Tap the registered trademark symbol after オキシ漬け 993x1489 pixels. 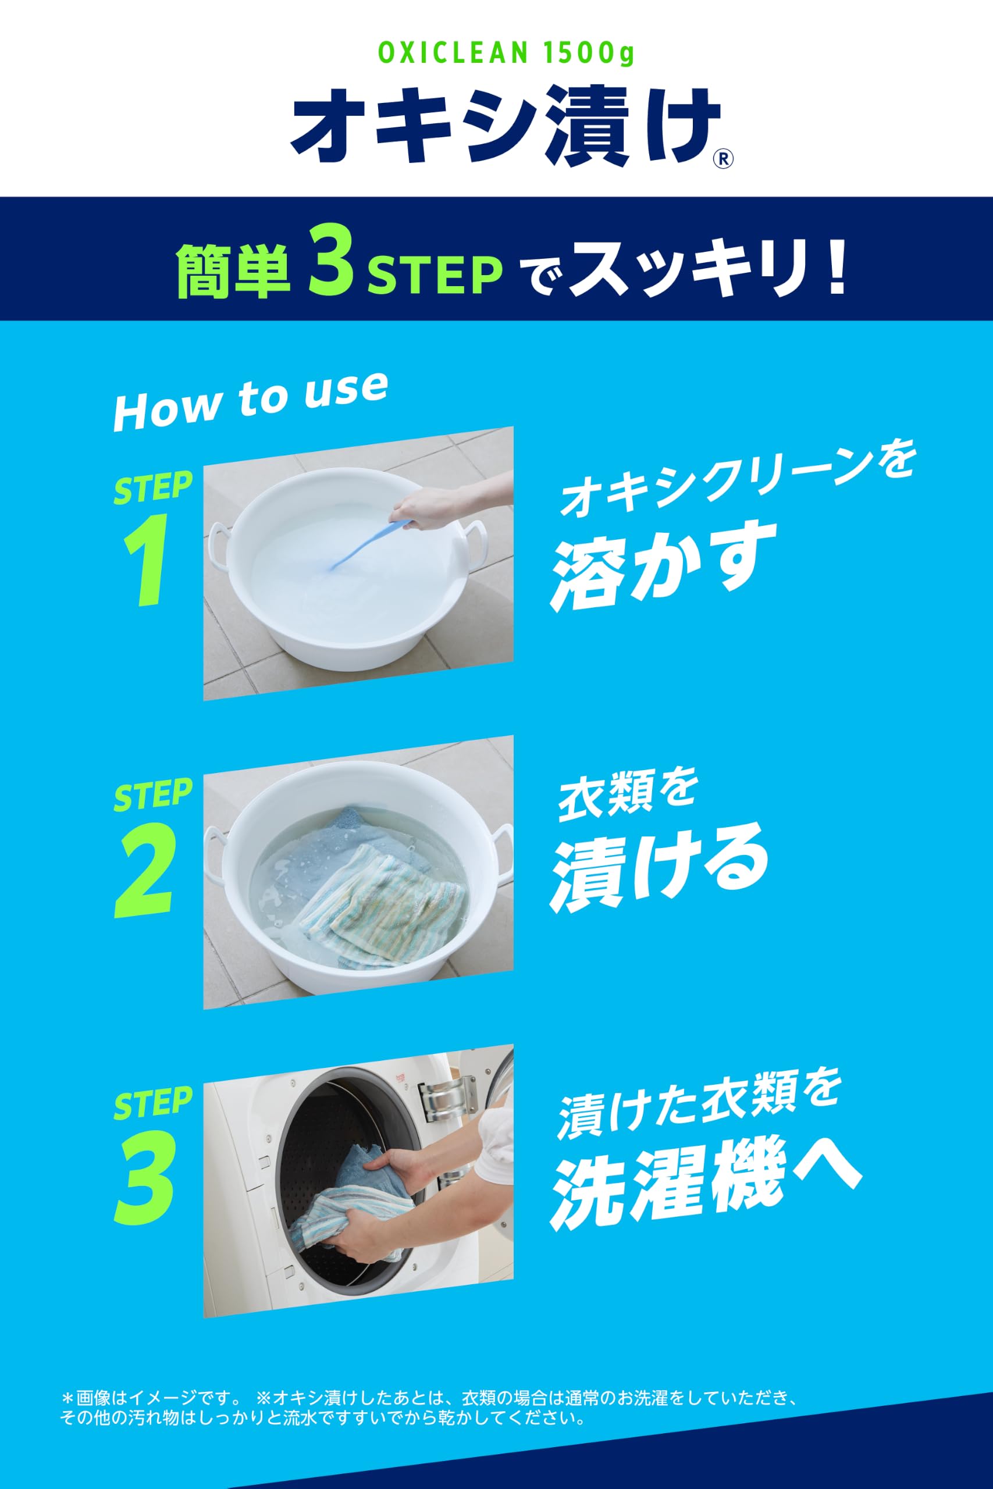point(723,158)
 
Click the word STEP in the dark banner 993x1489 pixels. point(436,274)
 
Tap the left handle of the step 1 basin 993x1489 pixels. point(217,544)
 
